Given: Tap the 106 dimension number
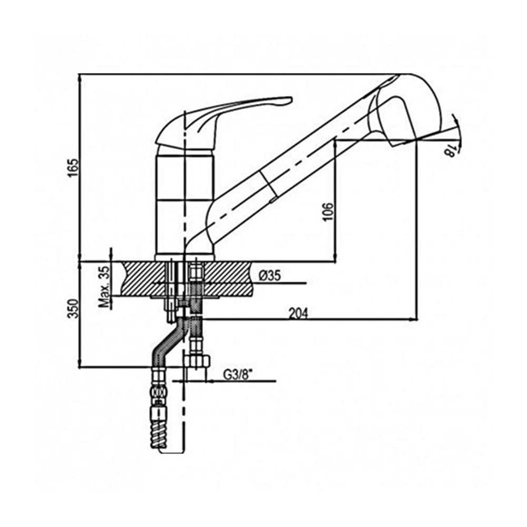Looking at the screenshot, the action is pyautogui.click(x=328, y=212).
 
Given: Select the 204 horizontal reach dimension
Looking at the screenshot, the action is pyautogui.click(x=298, y=313).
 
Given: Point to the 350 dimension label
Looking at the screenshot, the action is pyautogui.click(x=73, y=308).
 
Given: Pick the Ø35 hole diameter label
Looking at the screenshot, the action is pyautogui.click(x=269, y=276).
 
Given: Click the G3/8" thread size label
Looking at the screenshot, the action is pyautogui.click(x=238, y=374).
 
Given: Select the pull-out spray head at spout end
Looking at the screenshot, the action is pyautogui.click(x=403, y=111).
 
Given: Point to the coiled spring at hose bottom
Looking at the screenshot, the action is pyautogui.click(x=158, y=427).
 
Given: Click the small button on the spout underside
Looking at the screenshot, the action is pyautogui.click(x=272, y=201).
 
